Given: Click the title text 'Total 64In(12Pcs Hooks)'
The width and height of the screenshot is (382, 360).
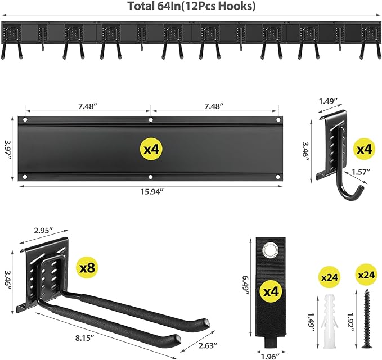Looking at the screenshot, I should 191,7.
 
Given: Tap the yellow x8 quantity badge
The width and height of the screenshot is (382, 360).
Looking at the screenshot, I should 87,268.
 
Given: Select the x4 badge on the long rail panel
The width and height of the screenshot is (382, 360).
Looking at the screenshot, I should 151,149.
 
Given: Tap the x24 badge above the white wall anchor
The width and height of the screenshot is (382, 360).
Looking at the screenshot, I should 330,277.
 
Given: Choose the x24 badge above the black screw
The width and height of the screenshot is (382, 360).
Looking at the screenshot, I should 366,276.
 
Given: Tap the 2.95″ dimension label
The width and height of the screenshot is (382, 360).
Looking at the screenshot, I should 43,230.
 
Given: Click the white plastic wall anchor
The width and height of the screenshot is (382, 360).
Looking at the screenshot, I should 330,318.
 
